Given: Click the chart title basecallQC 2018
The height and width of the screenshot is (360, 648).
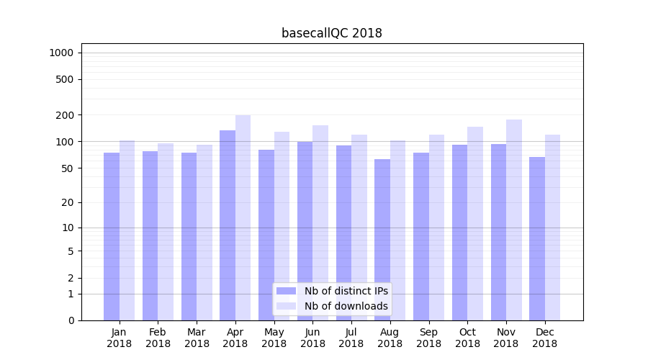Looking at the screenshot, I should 331,33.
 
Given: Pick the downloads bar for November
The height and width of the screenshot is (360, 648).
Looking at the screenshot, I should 513,220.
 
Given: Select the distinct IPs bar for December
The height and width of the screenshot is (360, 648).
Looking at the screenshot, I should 537,238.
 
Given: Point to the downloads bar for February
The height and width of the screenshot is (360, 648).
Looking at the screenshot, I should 166,231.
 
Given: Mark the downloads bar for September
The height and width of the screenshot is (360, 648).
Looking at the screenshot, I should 436,227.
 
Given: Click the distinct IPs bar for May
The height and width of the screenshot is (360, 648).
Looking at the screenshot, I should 266,235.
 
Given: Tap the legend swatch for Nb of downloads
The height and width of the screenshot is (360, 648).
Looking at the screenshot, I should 286,306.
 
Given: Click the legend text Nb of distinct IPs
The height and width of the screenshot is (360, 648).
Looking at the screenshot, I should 346,291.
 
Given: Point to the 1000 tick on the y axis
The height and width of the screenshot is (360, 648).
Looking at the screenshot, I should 61,53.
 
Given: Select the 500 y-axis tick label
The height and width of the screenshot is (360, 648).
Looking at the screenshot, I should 64,79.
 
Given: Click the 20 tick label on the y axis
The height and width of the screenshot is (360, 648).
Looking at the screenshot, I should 67,202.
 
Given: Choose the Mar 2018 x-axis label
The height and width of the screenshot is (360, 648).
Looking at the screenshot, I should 197,338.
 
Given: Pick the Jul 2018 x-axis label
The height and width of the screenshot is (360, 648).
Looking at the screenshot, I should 351,338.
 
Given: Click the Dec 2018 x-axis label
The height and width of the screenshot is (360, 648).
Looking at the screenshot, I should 544,338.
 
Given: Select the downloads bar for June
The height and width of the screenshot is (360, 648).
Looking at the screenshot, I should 320,222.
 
